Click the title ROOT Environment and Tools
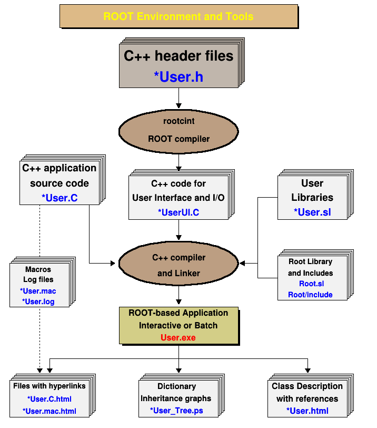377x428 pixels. coord(178,16)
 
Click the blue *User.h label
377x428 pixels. coord(178,77)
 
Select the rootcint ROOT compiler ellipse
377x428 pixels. coord(178,130)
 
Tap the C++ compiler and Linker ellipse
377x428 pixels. coord(178,265)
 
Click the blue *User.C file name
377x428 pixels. coord(59,198)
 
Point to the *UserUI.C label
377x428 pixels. coord(178,212)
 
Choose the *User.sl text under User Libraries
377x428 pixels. coord(312,212)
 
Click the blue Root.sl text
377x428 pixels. coord(312,284)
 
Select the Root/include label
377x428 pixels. coord(310,295)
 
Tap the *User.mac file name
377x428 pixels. coord(38,291)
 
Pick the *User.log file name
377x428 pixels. coord(38,302)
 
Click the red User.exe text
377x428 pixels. coord(178,337)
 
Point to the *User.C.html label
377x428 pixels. coord(49,399)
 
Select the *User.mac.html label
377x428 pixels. coord(49,411)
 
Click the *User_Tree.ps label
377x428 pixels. coord(176,411)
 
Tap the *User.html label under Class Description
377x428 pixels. coord(307,411)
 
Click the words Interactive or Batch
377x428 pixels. coord(178,325)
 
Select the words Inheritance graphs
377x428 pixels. coord(176,398)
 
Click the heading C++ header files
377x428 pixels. coord(178,56)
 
